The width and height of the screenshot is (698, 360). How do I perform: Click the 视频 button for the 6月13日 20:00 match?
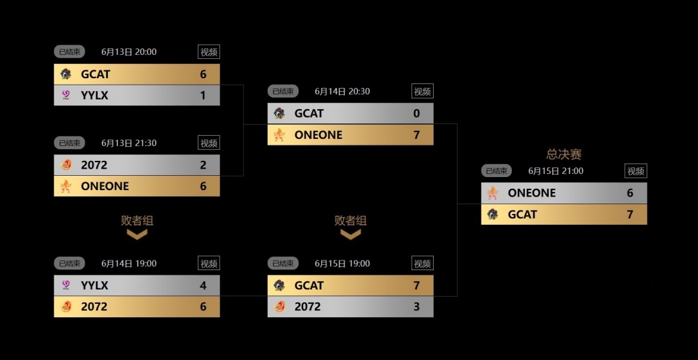point(209,52)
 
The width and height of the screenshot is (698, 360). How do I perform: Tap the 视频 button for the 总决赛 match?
point(636,171)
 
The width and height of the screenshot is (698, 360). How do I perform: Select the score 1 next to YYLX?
point(203,96)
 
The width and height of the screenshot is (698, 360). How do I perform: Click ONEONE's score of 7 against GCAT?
point(416,135)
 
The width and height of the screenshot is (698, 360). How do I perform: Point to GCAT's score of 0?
point(416,114)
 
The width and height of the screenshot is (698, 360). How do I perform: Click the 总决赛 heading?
point(564,154)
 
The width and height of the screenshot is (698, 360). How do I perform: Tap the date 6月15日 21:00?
point(556,171)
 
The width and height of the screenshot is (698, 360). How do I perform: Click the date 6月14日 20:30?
point(343,92)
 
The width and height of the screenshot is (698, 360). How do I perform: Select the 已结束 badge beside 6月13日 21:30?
point(69,143)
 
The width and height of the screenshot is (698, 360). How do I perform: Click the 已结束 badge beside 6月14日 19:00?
point(69,264)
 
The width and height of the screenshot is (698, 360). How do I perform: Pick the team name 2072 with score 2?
point(94,165)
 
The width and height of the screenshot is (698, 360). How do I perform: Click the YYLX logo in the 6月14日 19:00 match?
point(66,285)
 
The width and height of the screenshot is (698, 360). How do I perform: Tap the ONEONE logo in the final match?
point(493,193)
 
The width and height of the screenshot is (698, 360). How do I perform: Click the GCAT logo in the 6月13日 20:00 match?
point(66,74)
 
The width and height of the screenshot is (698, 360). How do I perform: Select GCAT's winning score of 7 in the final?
point(630,215)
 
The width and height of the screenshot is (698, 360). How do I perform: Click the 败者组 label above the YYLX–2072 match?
point(137,220)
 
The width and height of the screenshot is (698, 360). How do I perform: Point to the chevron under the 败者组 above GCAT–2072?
point(350,235)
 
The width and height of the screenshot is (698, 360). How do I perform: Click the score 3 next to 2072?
point(416,307)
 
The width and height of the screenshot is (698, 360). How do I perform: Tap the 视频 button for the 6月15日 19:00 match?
point(422,264)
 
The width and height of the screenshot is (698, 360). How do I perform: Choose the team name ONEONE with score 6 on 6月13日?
point(105,186)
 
